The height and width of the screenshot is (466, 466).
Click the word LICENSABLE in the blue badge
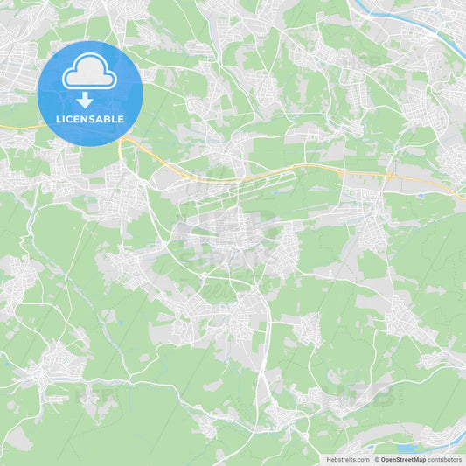(90, 119)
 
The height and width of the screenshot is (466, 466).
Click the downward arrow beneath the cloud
(85, 99)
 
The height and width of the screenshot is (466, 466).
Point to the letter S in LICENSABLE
(94, 119)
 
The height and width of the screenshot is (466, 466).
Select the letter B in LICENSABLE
(110, 119)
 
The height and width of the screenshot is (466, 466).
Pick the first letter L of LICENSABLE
(59, 119)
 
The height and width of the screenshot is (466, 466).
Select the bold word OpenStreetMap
(403, 459)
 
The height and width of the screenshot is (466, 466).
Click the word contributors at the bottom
(445, 459)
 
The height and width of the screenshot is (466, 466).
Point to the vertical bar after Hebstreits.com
(371, 459)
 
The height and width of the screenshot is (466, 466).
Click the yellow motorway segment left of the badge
(17, 128)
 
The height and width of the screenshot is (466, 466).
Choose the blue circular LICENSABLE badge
(90, 93)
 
